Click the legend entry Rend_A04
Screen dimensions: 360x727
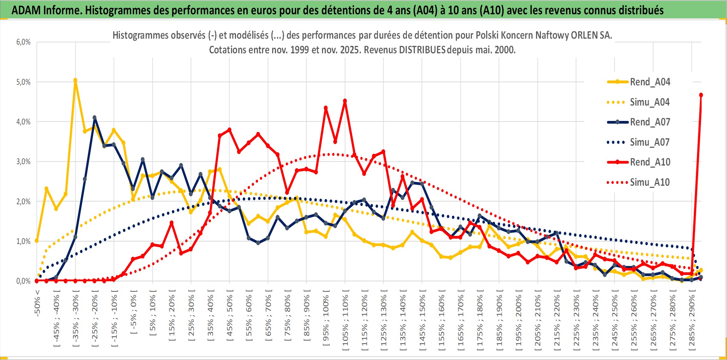650,82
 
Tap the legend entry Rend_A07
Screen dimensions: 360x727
650,122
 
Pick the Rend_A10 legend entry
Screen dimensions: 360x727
650,162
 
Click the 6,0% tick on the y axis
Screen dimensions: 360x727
23,42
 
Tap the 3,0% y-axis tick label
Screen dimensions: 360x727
23,162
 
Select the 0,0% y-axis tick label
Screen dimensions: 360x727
23,281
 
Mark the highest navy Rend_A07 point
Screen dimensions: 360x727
94,118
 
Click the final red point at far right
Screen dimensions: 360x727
701,95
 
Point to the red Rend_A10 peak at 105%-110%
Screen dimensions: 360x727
345,101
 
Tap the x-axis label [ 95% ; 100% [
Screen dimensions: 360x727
326,321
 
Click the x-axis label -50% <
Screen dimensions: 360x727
37,303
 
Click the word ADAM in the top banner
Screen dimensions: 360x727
26,10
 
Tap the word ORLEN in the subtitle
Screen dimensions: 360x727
582,35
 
